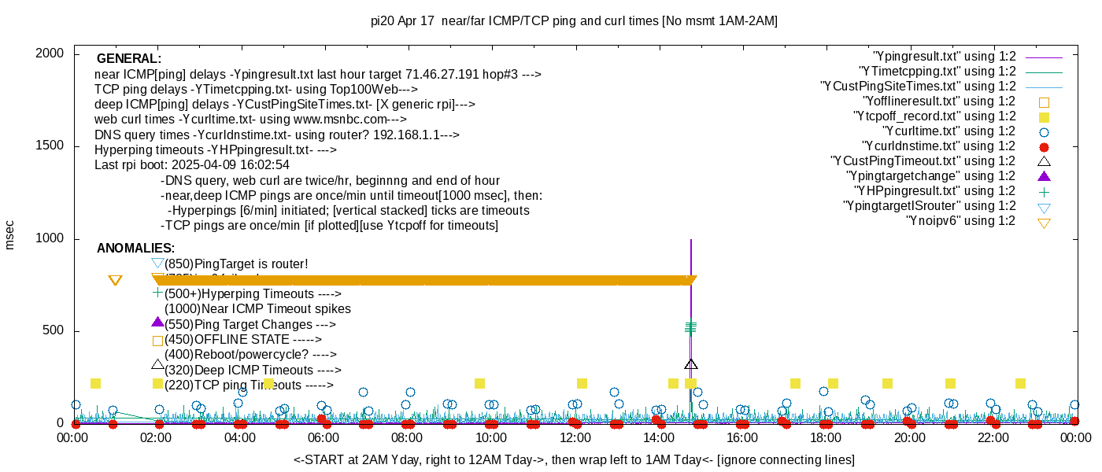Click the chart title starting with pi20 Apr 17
point(574,21)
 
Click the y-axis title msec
point(9,234)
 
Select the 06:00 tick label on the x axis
point(324,437)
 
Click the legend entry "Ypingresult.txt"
point(945,57)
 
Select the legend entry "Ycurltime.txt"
point(949,131)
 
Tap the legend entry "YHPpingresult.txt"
point(935,191)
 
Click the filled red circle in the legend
point(1044,147)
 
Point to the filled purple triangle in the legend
point(1044,176)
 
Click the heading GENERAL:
point(129,59)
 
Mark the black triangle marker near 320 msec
point(690,364)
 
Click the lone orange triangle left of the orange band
point(115,281)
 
